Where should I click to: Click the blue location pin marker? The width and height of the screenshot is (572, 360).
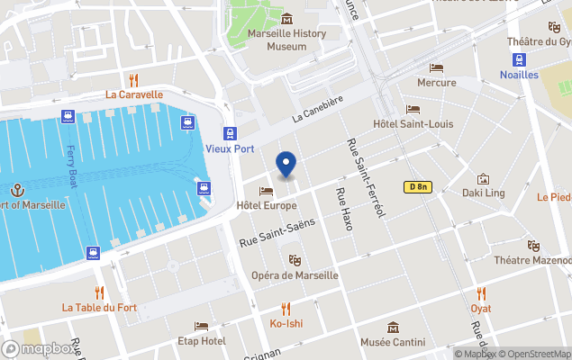tap(286, 165)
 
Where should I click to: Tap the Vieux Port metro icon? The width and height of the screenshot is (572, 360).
tap(232, 131)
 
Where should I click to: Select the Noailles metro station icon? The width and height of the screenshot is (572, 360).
tap(520, 59)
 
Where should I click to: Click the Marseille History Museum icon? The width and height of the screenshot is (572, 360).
tap(286, 20)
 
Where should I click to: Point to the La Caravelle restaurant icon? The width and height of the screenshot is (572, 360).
tap(133, 78)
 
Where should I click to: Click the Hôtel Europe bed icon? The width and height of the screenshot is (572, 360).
tap(266, 191)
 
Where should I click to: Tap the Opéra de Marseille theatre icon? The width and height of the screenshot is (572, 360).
tap(281, 260)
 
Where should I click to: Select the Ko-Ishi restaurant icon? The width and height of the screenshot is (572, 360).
tap(286, 308)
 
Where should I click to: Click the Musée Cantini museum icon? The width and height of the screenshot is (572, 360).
tap(393, 328)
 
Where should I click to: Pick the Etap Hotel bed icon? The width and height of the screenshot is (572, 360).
tap(201, 326)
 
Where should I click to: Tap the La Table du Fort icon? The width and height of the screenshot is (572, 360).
tap(99, 292)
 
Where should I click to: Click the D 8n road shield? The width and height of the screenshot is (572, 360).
tap(417, 187)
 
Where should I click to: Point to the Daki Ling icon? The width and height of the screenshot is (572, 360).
tap(483, 179)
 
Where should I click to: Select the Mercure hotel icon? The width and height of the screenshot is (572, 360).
tap(437, 67)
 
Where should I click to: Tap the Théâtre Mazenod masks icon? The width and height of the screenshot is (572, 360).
tap(532, 245)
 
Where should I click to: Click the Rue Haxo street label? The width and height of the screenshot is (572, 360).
tap(342, 209)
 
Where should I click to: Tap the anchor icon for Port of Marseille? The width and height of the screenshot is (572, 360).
tap(16, 190)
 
